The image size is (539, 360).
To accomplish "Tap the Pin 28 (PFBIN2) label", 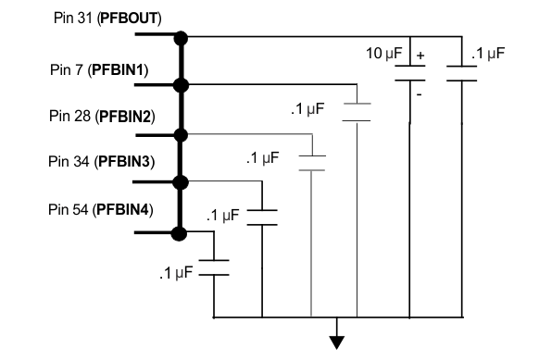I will pos(101,116).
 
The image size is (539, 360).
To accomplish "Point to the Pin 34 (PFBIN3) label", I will pos(101,161).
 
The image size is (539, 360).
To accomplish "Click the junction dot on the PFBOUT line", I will pos(182,38).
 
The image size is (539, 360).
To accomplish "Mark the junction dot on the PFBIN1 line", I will pos(182,85).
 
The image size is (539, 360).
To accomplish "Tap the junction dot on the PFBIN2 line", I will pos(182,134).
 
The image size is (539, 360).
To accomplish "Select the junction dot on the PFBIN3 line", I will pos(182,182).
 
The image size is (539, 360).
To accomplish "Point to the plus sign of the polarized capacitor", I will pos(420,56).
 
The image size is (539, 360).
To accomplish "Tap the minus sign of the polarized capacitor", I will pos(420,94).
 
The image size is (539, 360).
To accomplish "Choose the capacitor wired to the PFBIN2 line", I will pos(313,162).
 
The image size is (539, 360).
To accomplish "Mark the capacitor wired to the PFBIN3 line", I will pos(264,216).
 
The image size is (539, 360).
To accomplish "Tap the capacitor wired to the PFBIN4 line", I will pos(215,267).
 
